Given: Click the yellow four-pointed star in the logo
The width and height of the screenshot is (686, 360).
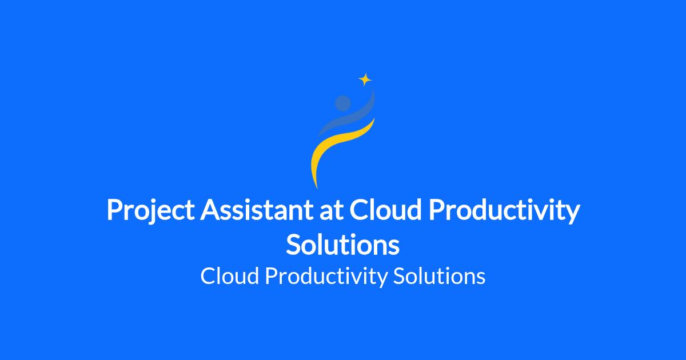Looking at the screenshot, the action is (365, 79).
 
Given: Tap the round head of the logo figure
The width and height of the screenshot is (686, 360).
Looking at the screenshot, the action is (342, 103).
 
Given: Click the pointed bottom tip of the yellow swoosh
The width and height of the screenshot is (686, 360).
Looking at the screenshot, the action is (317, 189).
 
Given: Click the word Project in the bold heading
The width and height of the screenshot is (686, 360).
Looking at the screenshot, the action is (150, 211).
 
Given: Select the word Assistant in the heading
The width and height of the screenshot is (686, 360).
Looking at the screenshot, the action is (257, 210).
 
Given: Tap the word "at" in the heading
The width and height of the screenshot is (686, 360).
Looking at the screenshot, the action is (332, 212).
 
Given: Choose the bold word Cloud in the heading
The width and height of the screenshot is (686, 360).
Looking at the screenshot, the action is (385, 210).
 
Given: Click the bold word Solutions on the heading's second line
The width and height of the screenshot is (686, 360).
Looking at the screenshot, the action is (342, 244).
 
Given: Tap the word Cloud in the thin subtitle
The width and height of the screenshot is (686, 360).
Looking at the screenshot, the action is (230, 276).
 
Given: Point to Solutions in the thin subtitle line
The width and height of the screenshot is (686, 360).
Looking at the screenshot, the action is (439, 276).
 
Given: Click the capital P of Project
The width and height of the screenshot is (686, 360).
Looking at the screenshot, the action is (115, 210).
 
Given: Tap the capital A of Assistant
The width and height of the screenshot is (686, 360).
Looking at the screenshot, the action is (211, 210).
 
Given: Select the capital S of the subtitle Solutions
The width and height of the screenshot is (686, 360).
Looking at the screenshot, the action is (400, 276).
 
